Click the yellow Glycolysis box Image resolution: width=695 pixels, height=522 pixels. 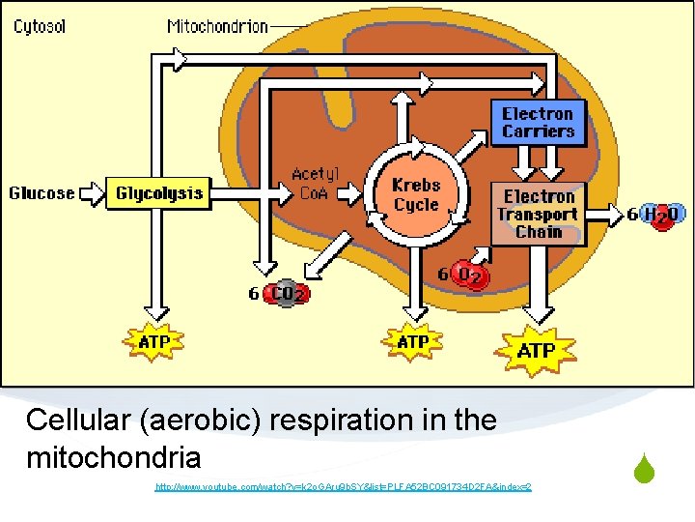(159, 193)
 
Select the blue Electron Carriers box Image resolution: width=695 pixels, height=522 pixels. (538, 123)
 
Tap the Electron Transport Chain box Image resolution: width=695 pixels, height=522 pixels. (539, 215)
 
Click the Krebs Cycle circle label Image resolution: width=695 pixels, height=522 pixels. (415, 194)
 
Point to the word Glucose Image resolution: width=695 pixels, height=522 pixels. (42, 193)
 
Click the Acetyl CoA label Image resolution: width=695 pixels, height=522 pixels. (315, 182)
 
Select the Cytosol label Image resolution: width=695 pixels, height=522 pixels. (40, 26)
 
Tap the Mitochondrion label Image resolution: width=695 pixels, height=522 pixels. (217, 26)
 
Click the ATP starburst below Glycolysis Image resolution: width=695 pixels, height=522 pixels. (154, 341)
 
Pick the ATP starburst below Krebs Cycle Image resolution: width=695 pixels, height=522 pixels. (413, 341)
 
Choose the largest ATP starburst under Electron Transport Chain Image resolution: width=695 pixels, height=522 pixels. (537, 350)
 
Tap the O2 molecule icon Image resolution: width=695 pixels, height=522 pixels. (471, 276)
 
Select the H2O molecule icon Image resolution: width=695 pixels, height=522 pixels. (665, 215)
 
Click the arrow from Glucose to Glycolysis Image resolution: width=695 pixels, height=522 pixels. (91, 193)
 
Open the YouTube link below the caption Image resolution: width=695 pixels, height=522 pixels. (343, 486)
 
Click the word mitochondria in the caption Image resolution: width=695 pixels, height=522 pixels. (114, 456)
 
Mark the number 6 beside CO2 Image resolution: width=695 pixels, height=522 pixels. (254, 293)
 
